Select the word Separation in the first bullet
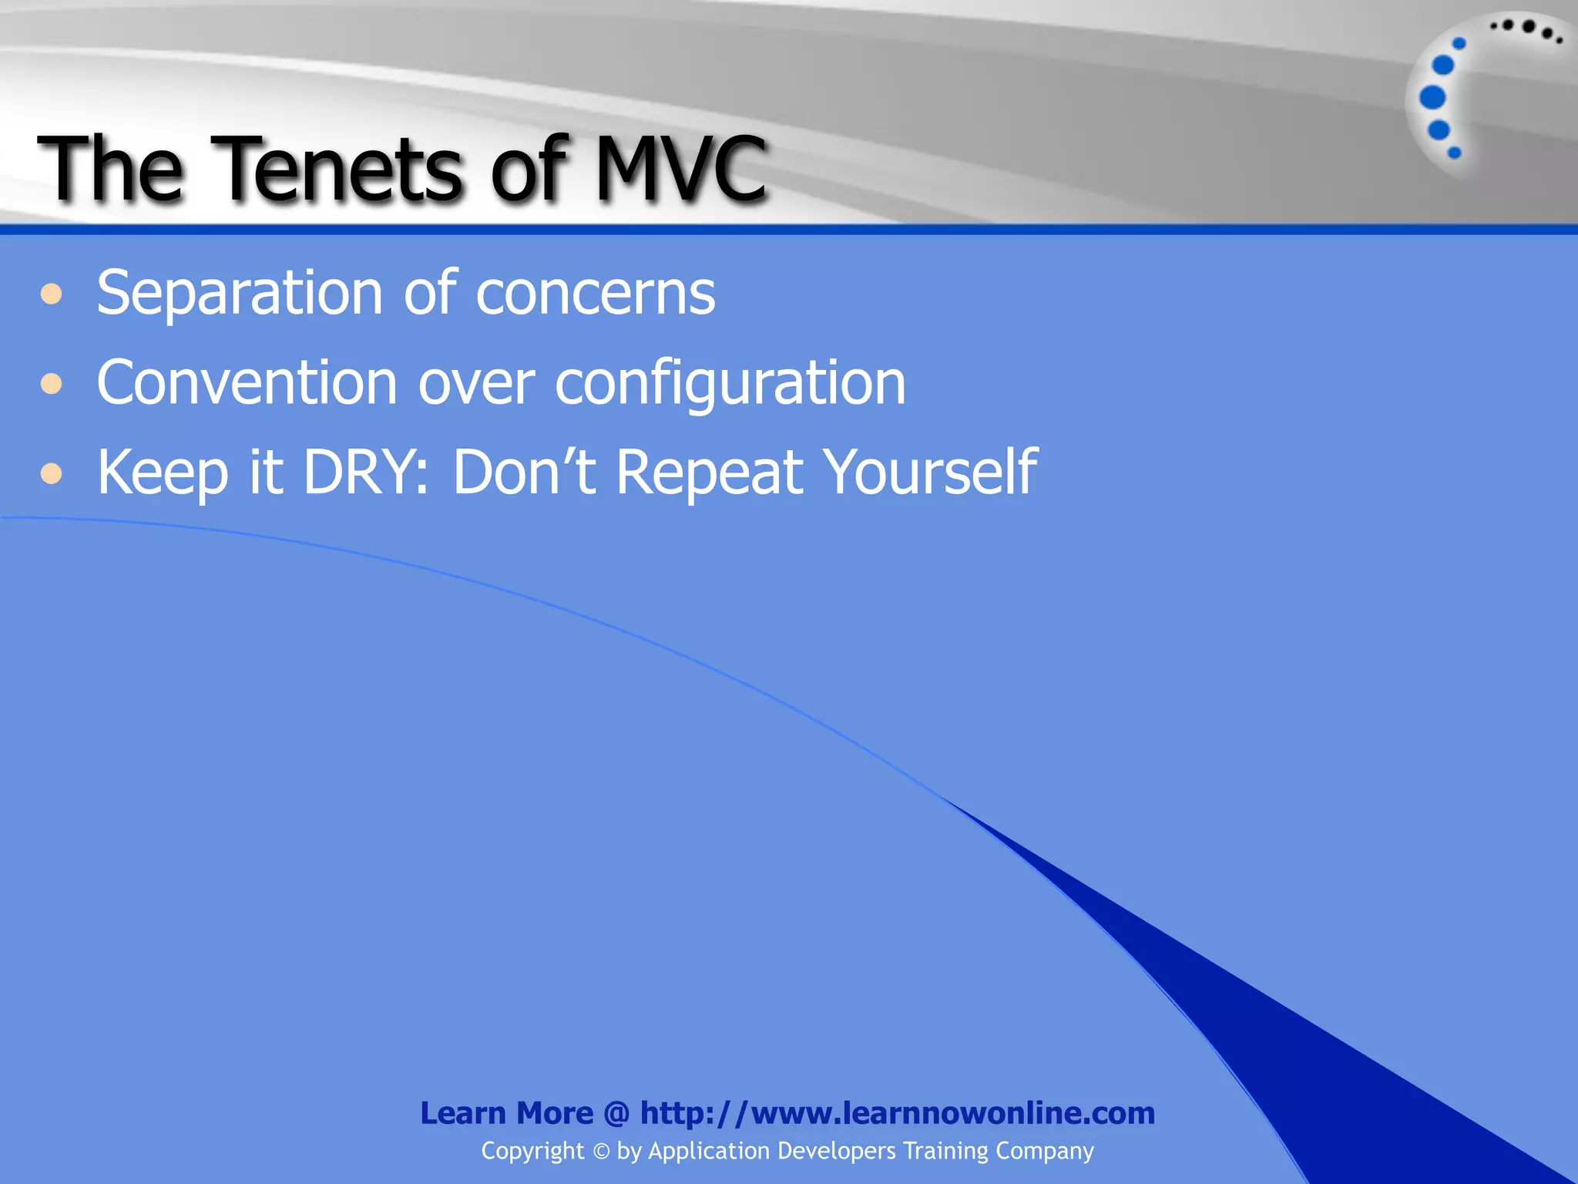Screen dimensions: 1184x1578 [240, 294]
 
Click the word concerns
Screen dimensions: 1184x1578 [595, 294]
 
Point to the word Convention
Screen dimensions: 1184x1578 [247, 383]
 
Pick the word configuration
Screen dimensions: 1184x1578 [730, 383]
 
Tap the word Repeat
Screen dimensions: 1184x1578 [710, 472]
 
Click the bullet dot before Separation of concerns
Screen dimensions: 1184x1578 [52, 294]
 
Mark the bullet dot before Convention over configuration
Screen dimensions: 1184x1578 [52, 383]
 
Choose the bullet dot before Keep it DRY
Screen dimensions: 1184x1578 [52, 473]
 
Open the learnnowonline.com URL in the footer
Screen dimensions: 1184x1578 [897, 1113]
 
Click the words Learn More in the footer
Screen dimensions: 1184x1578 [506, 1113]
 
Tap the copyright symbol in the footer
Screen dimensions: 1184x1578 [601, 1152]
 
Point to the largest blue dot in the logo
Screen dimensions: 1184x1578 [1432, 98]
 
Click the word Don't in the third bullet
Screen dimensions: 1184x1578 [524, 472]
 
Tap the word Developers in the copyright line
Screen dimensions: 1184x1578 [837, 1151]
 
